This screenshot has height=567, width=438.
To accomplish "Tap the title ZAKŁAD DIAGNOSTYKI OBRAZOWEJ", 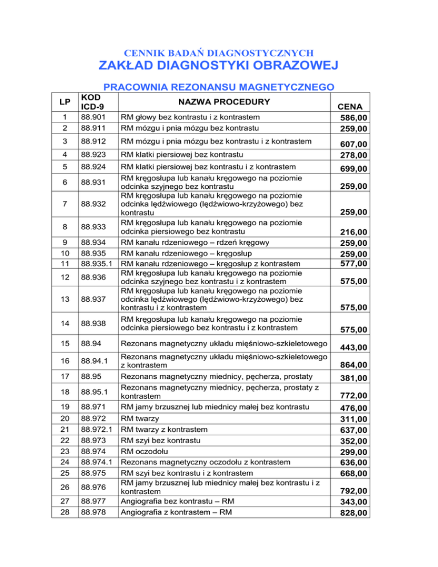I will pos(218,68).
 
